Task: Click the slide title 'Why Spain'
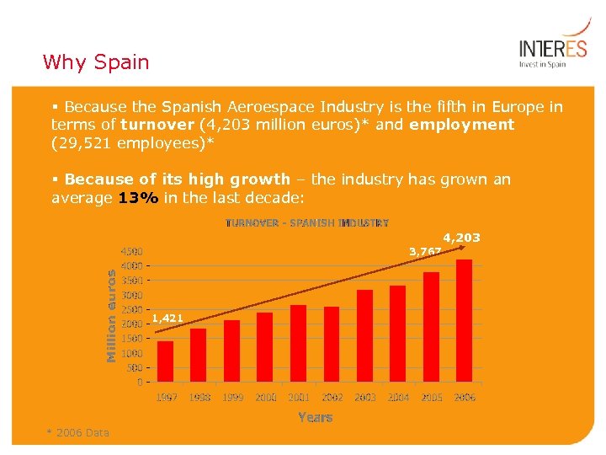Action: (x=95, y=62)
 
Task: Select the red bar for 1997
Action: (x=166, y=361)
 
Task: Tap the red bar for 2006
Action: (x=464, y=321)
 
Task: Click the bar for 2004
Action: (x=398, y=334)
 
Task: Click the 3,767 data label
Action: (x=425, y=251)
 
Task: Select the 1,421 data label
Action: (x=167, y=318)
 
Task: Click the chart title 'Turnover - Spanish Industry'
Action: (x=307, y=223)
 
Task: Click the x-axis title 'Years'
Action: (x=315, y=417)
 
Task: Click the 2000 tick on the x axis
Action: (x=265, y=397)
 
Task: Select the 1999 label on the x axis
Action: (x=232, y=397)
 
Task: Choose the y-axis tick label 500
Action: (x=135, y=367)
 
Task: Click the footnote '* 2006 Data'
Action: (x=77, y=433)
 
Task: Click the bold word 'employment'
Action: (x=461, y=125)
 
